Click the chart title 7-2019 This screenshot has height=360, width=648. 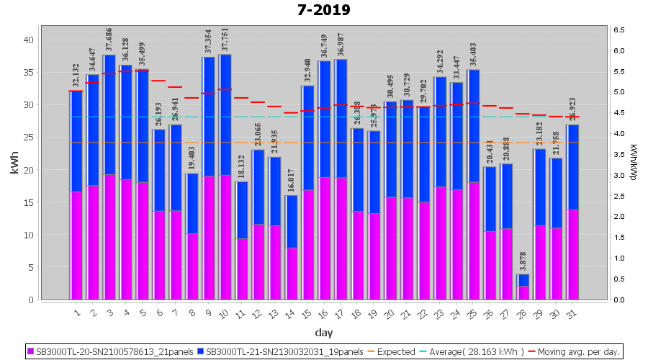pyautogui.click(x=323, y=10)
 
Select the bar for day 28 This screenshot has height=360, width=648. pyautogui.click(x=523, y=287)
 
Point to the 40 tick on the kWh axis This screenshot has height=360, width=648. pyautogui.click(x=29, y=40)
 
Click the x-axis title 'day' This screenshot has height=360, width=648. pyautogui.click(x=323, y=333)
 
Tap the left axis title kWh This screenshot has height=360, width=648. pyautogui.click(x=14, y=165)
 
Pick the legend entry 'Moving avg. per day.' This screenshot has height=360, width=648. pyautogui.click(x=579, y=352)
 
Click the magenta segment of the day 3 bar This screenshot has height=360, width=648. pyautogui.click(x=109, y=237)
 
